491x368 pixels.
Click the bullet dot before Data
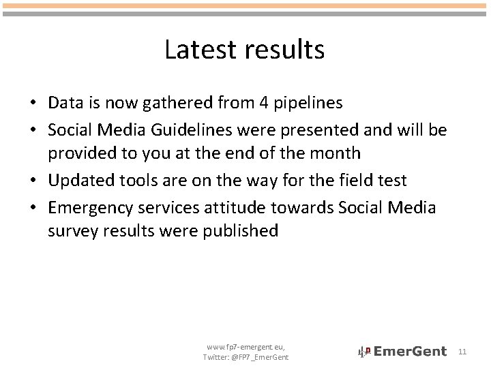pyautogui.click(x=33, y=104)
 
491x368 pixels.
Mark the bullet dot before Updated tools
pyautogui.click(x=33, y=181)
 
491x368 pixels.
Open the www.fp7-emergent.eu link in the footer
pyautogui.click(x=245, y=347)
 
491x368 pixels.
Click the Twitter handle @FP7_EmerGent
pyautogui.click(x=261, y=357)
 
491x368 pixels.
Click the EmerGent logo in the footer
pyautogui.click(x=402, y=352)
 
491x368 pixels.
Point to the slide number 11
pyautogui.click(x=462, y=352)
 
